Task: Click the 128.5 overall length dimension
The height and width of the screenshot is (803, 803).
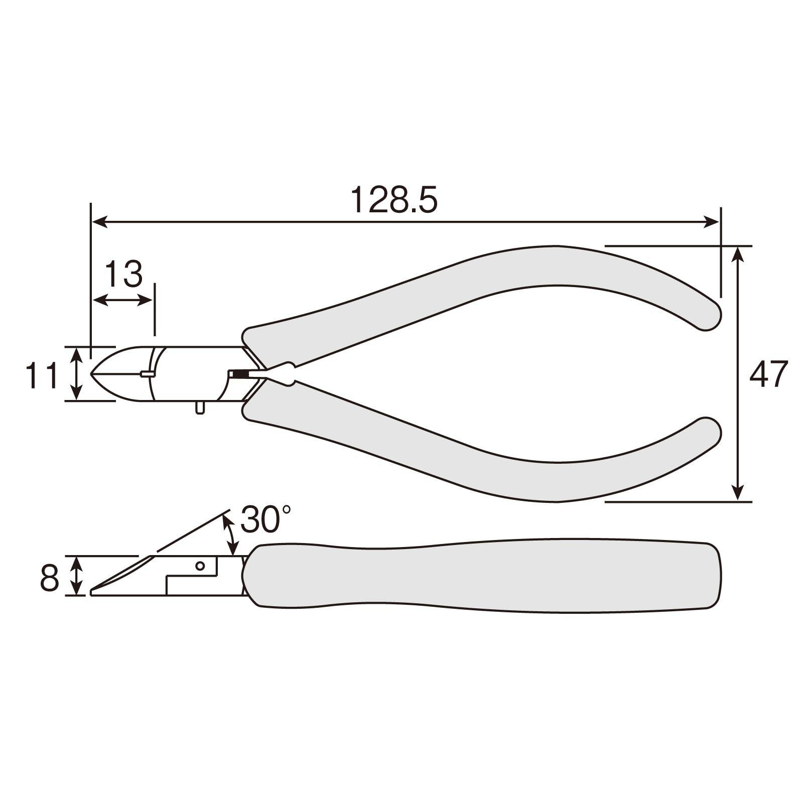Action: coord(394,200)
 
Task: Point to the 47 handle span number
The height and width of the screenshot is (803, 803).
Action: coord(768,374)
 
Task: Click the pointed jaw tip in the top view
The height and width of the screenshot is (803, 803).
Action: coord(91,374)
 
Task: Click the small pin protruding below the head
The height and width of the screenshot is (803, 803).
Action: coord(200,407)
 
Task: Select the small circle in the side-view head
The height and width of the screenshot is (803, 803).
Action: coord(200,566)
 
